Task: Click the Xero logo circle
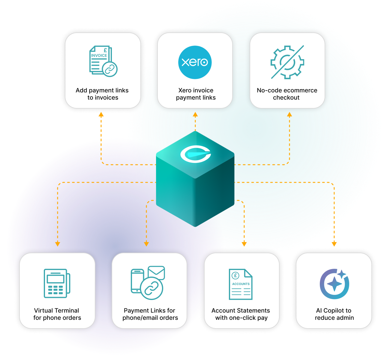[x=195, y=62]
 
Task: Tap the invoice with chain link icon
[x=103, y=61]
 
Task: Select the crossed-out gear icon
[x=287, y=62]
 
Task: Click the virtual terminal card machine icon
[x=57, y=283]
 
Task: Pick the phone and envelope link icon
[x=148, y=283]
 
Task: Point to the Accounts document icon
[x=241, y=284]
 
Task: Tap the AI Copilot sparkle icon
[x=334, y=283]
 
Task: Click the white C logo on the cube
[x=196, y=154]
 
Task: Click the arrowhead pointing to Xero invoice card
[x=195, y=114]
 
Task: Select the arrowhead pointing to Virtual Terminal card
[x=58, y=244]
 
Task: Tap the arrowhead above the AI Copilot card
[x=334, y=244]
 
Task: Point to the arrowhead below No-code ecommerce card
[x=289, y=114]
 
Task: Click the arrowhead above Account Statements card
[x=244, y=244]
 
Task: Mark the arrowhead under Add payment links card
[x=101, y=114]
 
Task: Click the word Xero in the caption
[x=185, y=90]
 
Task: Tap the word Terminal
[x=65, y=310]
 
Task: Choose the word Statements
[x=254, y=310]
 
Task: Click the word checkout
[x=286, y=97]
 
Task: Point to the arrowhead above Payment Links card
[x=146, y=244]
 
